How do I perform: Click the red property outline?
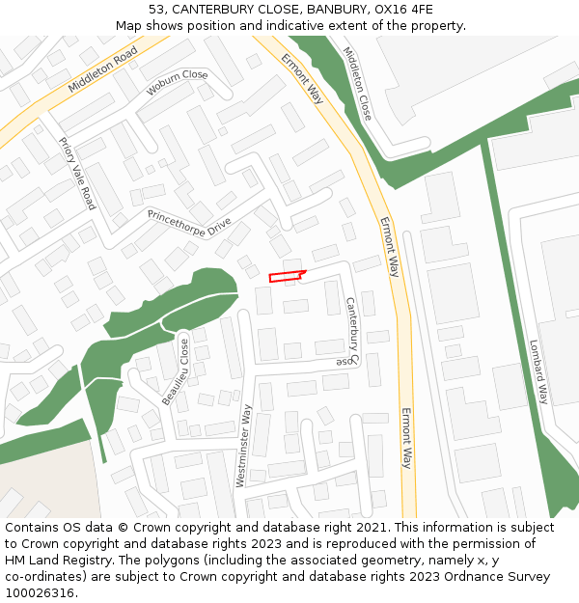(286, 277)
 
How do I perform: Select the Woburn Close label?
(177, 83)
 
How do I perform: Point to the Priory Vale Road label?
(77, 174)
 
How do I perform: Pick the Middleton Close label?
(357, 83)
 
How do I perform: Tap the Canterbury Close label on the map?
(350, 332)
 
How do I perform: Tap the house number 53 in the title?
(156, 10)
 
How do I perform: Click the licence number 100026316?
(41, 593)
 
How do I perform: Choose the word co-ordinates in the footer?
(46, 577)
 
